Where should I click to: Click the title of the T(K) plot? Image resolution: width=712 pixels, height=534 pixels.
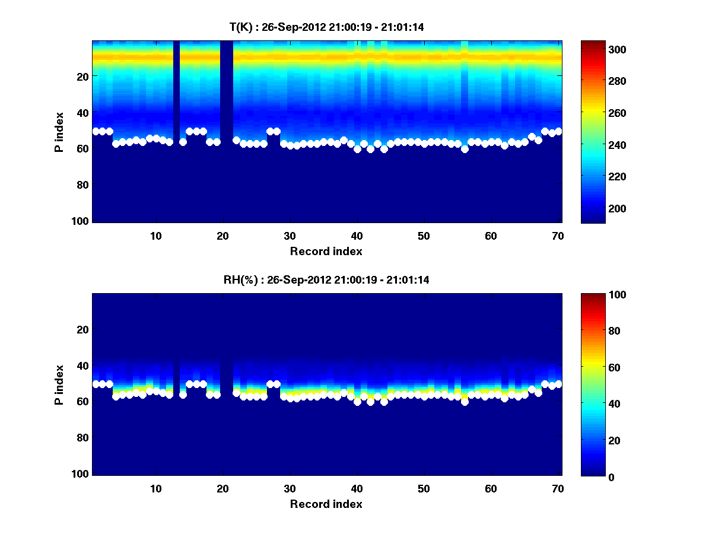pyautogui.click(x=326, y=27)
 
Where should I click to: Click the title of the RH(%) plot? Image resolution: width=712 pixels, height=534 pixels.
pyautogui.click(x=326, y=280)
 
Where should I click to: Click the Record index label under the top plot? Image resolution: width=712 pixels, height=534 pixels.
pyautogui.click(x=326, y=251)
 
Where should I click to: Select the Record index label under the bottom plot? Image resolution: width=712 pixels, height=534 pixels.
pyautogui.click(x=326, y=504)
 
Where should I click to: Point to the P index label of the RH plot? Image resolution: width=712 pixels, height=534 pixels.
pyautogui.click(x=59, y=384)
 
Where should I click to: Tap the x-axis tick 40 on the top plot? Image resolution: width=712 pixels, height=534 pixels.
pyautogui.click(x=357, y=236)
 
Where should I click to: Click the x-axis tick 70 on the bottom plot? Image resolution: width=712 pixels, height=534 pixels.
pyautogui.click(x=558, y=488)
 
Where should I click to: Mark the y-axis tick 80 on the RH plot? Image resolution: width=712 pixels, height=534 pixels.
pyautogui.click(x=82, y=437)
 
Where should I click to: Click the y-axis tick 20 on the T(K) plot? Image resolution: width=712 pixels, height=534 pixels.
pyautogui.click(x=82, y=76)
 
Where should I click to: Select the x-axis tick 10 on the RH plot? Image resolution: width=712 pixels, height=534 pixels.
pyautogui.click(x=155, y=488)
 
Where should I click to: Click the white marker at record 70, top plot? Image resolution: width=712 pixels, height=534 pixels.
pyautogui.click(x=558, y=131)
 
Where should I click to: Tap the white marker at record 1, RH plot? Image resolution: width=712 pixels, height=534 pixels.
pyautogui.click(x=96, y=384)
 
